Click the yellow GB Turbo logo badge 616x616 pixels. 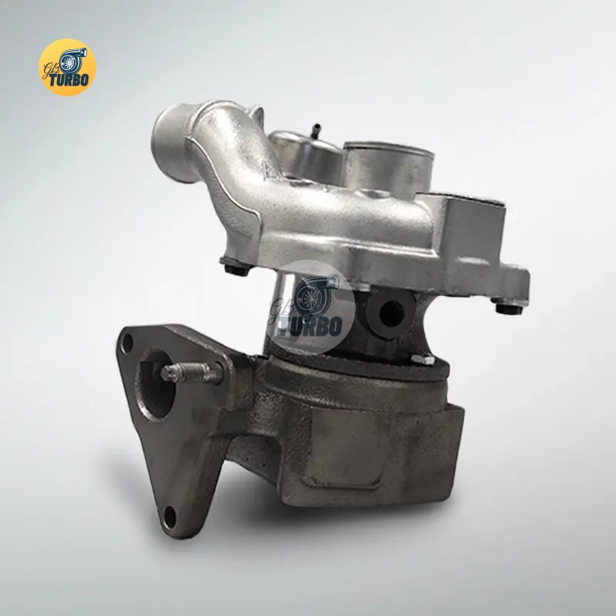coord(67,67)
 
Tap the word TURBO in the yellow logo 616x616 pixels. coord(69,80)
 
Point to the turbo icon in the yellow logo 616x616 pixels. coord(72,60)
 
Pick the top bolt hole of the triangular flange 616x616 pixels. coord(127,343)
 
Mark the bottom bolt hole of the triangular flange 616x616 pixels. coord(169,517)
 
